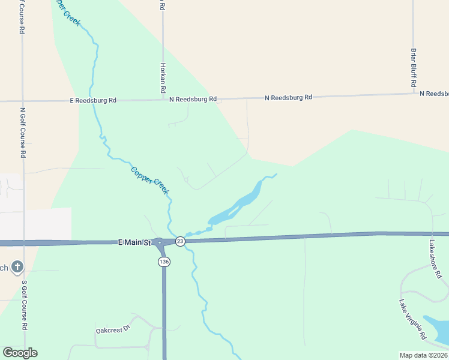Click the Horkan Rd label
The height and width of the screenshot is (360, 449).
pos(163,77)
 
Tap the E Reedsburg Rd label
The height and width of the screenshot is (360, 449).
pos(93,100)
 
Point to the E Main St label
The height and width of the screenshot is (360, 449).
pos(134,242)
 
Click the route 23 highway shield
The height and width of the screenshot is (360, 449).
pos(180,241)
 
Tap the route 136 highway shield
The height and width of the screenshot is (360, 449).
pos(163,262)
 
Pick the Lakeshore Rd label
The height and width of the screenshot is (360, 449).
pos(435,259)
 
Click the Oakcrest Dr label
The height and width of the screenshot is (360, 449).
pos(113,330)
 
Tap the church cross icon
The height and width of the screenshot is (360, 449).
pos(18,267)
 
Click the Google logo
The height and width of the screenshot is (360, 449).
pos(20,353)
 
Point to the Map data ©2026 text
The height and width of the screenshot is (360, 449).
pos(424,355)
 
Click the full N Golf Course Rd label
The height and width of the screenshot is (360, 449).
pos(23,132)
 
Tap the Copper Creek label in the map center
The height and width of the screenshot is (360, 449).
pos(150,180)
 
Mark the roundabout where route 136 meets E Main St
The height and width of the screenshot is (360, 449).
pos(160,243)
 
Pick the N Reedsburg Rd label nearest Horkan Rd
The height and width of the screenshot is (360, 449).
pos(193,99)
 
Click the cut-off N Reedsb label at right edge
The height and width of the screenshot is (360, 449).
pos(434,94)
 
